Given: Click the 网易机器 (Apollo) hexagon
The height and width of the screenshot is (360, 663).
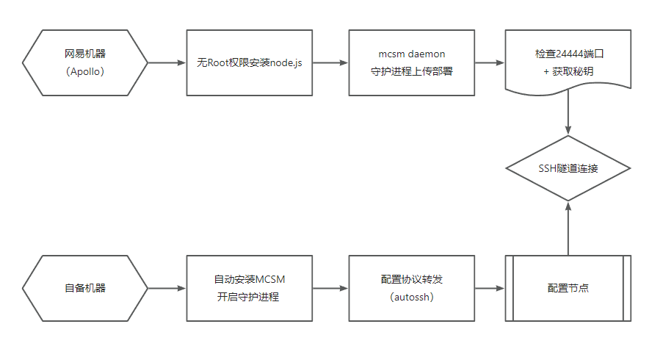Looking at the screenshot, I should click(x=85, y=62).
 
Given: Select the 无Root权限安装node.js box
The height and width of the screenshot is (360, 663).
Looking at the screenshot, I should click(x=249, y=62).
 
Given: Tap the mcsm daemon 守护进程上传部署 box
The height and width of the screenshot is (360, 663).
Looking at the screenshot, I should click(x=411, y=62).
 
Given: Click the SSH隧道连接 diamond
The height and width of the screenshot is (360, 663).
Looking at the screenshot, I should click(x=568, y=168).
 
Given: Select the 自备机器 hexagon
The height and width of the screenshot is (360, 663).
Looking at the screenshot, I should click(x=85, y=288).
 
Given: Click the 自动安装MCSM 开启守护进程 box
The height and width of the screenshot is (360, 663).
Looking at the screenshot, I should click(x=249, y=288).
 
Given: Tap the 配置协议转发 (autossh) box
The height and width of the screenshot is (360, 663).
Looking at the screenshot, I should click(x=411, y=288).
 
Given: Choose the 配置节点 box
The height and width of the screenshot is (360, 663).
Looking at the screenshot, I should click(x=568, y=288).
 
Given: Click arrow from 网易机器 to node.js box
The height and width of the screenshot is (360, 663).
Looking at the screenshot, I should click(x=167, y=63).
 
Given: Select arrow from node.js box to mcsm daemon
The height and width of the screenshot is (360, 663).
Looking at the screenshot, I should click(x=330, y=63).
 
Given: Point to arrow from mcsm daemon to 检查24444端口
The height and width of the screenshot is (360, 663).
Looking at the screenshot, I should click(x=490, y=63).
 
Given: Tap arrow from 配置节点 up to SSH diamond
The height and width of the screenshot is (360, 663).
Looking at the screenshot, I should click(x=568, y=228).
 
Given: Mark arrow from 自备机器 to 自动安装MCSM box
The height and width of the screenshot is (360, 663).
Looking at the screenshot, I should click(x=167, y=288).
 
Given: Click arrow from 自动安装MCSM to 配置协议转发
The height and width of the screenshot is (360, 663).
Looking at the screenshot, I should click(x=330, y=288).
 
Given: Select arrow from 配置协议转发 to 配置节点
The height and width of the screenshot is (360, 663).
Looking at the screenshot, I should click(x=490, y=288).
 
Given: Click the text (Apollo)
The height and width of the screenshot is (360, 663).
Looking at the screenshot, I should click(x=85, y=71).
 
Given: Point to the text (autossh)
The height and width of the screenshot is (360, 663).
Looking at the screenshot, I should click(x=411, y=297).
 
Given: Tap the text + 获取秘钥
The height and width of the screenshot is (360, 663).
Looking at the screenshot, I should click(x=568, y=71).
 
